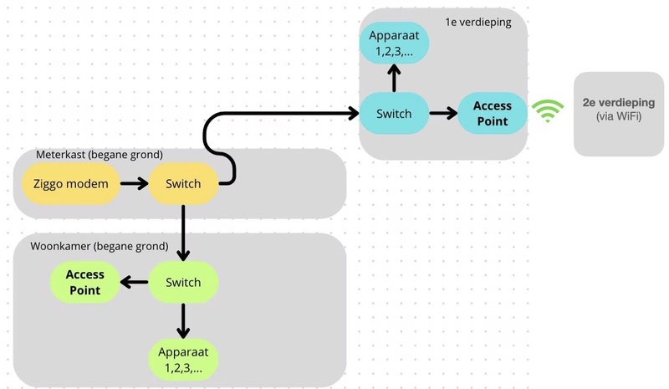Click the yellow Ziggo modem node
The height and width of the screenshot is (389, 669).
click(x=70, y=182)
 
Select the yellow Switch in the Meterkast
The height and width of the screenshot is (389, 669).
click(x=183, y=182)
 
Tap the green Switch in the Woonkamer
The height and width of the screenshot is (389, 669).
click(x=183, y=282)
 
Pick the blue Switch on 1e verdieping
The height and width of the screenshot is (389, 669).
click(x=394, y=113)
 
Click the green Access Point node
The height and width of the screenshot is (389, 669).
click(x=85, y=282)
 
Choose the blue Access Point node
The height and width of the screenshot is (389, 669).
click(x=493, y=113)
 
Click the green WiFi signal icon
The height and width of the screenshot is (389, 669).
click(x=548, y=111)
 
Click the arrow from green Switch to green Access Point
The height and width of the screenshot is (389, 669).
click(x=134, y=282)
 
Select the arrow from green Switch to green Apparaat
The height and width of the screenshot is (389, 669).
click(x=183, y=320)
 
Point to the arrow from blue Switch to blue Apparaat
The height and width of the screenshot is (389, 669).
click(x=394, y=78)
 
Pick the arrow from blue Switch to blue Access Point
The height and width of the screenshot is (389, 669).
click(x=443, y=113)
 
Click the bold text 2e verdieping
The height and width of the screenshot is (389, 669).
click(x=620, y=101)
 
